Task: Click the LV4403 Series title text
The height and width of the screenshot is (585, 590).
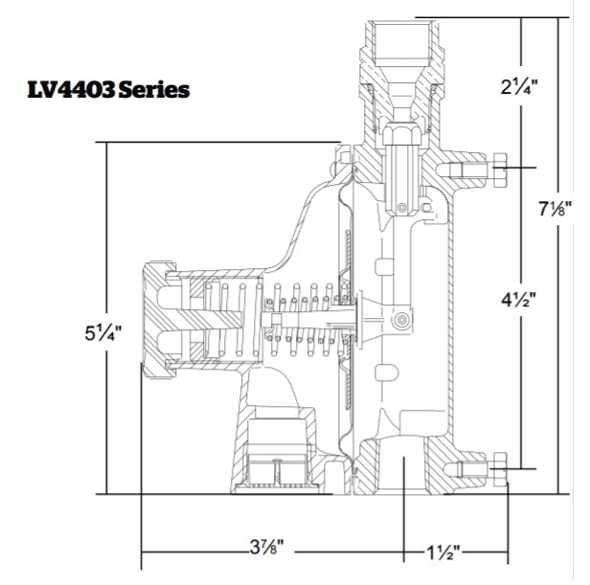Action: click(108, 90)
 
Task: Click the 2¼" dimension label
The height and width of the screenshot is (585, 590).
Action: click(519, 87)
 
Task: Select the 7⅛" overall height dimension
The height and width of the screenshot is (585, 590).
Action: click(555, 209)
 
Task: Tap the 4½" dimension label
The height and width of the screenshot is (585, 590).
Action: click(518, 299)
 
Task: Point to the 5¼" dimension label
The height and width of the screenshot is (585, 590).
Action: click(103, 333)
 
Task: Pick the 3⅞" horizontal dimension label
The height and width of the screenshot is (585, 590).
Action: click(267, 547)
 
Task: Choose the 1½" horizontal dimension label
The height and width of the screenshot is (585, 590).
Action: click(442, 552)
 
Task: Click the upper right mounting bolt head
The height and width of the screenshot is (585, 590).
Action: click(499, 170)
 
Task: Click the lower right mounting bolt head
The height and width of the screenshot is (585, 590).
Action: click(499, 470)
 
